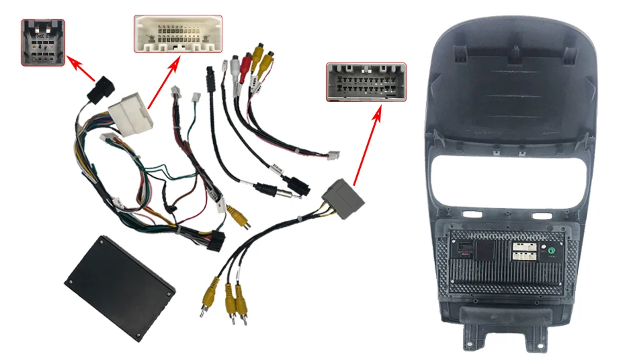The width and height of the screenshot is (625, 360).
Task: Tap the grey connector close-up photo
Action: pyautogui.click(x=366, y=82)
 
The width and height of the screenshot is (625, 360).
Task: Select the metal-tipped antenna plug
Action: pyautogui.click(x=278, y=192)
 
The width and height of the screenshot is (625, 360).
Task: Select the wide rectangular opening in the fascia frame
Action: pyautogui.click(x=508, y=178)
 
